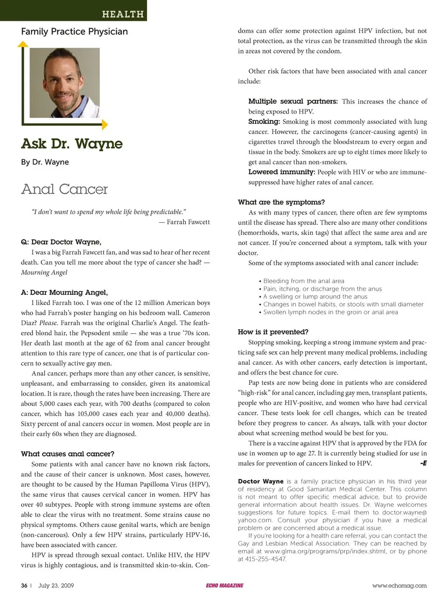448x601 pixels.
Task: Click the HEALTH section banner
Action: coord(123,14)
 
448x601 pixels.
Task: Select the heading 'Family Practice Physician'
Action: coord(74,32)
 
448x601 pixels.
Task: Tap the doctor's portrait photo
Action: coord(64,83)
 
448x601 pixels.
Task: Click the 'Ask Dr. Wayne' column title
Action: coord(72,143)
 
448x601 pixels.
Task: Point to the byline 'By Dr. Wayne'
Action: coord(45,162)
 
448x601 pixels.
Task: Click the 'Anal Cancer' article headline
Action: coord(64,189)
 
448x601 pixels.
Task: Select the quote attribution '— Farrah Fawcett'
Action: coord(184,222)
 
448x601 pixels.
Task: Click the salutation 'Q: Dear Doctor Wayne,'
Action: coord(61,242)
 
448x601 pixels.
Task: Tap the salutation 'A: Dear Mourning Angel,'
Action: coord(64,293)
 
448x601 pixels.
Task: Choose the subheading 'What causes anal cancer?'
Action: coord(68,454)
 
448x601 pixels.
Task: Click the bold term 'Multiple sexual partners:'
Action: coord(293,101)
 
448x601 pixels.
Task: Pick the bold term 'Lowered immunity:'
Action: coord(281,172)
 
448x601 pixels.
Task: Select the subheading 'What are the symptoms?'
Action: coord(281,202)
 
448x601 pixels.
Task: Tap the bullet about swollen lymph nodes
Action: coord(330,312)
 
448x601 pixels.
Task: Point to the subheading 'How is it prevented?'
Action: coord(273,332)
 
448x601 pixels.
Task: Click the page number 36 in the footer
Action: coord(24,586)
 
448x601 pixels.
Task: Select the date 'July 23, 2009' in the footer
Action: coord(56,586)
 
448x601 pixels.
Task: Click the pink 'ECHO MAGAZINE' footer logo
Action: coord(224,586)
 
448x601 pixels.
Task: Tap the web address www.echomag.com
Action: coord(399,586)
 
